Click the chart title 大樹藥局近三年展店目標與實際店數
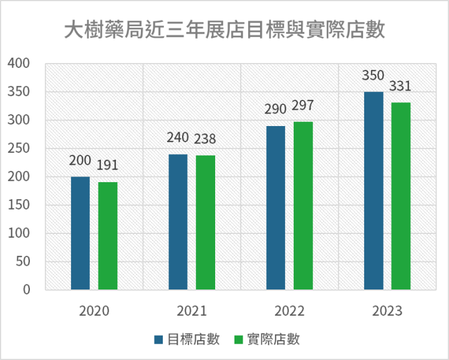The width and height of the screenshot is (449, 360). point(224,29)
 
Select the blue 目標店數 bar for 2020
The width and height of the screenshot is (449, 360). point(80,233)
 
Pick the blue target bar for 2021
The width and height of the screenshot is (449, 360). point(178,222)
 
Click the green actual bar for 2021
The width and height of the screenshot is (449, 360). point(205,223)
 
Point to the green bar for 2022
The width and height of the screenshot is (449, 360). point(303,206)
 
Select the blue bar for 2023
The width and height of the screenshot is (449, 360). point(374,191)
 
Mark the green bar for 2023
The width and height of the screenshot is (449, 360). point(401,196)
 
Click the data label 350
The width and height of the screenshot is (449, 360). point(374,76)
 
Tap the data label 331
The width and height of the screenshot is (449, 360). point(400,86)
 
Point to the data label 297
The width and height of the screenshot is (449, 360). point(302,105)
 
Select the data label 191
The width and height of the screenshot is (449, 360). point(107,165)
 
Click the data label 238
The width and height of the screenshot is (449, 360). point(205,139)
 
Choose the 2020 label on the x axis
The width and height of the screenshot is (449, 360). point(94,311)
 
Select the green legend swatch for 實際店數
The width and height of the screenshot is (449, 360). point(238,339)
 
